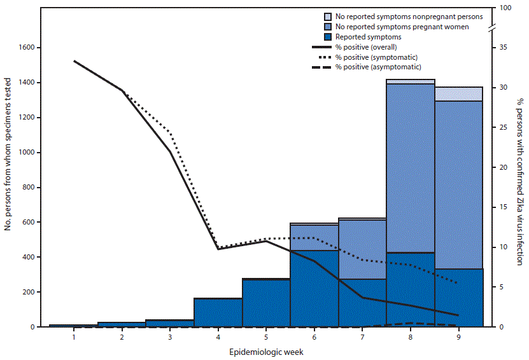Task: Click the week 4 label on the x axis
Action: coord(218,337)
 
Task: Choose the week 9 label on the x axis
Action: coord(458,337)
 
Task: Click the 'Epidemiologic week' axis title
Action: coord(265,351)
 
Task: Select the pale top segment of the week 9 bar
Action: coord(458,93)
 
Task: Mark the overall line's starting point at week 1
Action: coord(74,61)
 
